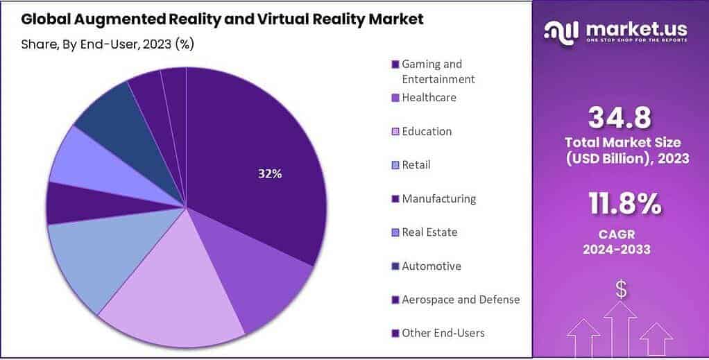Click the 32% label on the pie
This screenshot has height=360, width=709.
point(270,174)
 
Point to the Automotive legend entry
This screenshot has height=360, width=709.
point(431,266)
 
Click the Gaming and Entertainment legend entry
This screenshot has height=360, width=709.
point(438,71)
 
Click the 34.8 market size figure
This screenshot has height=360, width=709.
point(620,119)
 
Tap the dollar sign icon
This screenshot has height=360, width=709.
point(621,291)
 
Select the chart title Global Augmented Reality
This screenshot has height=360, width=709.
point(222,19)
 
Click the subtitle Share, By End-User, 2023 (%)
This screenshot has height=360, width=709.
point(108,44)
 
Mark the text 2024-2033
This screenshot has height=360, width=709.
point(619,249)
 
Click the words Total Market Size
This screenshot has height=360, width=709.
point(626,142)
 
